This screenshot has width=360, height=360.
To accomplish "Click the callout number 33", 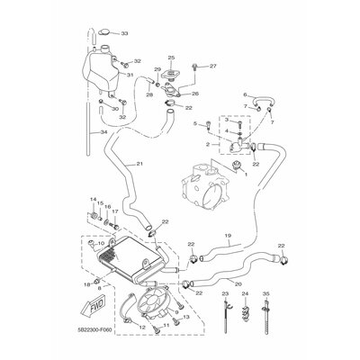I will pos(124,34).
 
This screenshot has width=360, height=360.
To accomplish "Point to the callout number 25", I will pos(171,58).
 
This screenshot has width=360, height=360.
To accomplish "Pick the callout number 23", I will pos(223,295).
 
